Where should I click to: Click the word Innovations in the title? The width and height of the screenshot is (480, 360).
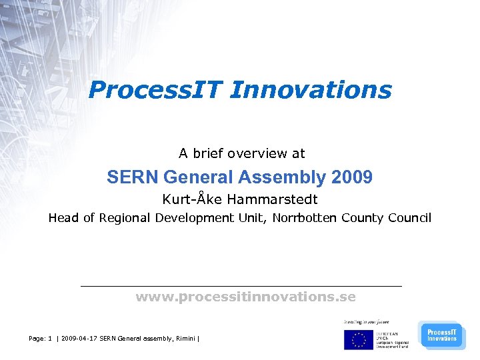click(x=311, y=90)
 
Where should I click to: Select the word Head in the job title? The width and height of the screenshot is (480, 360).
click(x=63, y=218)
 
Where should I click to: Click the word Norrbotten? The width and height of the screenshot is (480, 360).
click(x=305, y=218)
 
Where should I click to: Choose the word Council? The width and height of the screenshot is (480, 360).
click(x=409, y=218)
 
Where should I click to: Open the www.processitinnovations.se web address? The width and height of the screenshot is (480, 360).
click(x=245, y=297)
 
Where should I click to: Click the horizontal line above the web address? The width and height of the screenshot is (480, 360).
click(x=241, y=286)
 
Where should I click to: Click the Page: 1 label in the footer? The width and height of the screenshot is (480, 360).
click(x=41, y=339)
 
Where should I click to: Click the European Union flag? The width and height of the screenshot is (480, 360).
click(x=359, y=339)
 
